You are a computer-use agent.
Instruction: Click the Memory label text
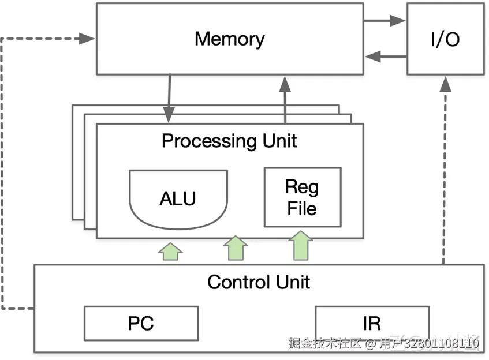[x=229, y=39]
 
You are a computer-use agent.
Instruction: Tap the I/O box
[x=445, y=39]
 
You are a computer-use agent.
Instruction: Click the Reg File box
[x=302, y=197]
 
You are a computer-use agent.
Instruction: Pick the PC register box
[x=141, y=323]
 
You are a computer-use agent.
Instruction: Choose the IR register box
[x=372, y=323]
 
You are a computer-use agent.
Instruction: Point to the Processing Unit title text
[x=229, y=141]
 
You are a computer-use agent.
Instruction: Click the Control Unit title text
[x=258, y=282]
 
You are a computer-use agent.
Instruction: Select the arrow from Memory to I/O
[x=385, y=21]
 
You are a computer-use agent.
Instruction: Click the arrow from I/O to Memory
[x=385, y=57]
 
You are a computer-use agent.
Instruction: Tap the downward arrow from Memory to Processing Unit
[x=169, y=98]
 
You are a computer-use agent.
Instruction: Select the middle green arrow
[x=235, y=248]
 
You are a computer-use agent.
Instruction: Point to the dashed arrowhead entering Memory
[x=88, y=39]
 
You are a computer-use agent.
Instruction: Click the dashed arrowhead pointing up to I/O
[x=445, y=84]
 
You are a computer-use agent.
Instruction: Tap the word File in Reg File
[x=302, y=208]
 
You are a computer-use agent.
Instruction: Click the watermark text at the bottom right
[x=384, y=344]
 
